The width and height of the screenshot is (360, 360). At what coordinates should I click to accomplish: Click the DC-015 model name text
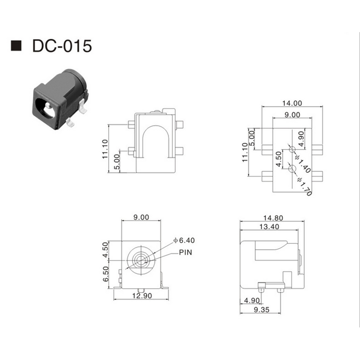click(x=60, y=46)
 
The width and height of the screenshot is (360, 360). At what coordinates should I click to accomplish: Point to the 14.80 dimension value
click(x=272, y=217)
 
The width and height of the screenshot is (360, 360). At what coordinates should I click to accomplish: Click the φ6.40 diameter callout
click(x=184, y=240)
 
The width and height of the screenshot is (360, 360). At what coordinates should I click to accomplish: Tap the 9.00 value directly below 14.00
click(x=292, y=115)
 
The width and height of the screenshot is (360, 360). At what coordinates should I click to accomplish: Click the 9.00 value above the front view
click(x=141, y=217)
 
